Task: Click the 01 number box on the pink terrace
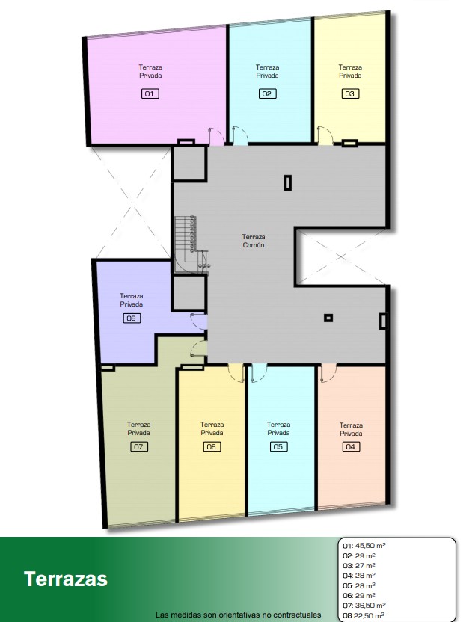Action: pyautogui.click(x=150, y=93)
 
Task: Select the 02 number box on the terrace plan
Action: pyautogui.click(x=267, y=93)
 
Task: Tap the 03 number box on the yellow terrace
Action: pyautogui.click(x=349, y=93)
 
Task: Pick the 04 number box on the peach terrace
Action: pyautogui.click(x=351, y=446)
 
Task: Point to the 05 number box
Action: pyautogui.click(x=278, y=446)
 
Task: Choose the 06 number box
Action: pyautogui.click(x=212, y=446)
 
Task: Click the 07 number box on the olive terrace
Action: pyautogui.click(x=138, y=446)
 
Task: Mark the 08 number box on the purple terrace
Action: pyautogui.click(x=132, y=318)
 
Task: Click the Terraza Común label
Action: pyautogui.click(x=254, y=241)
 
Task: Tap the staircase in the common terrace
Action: pyautogui.click(x=192, y=244)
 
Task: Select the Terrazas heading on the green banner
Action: pyautogui.click(x=66, y=579)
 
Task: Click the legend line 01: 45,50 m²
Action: pyautogui.click(x=364, y=546)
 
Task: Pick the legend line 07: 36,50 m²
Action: pyautogui.click(x=364, y=606)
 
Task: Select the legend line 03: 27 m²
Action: pyautogui.click(x=359, y=566)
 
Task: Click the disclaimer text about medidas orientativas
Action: pyautogui.click(x=238, y=615)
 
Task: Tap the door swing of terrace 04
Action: pyautogui.click(x=327, y=374)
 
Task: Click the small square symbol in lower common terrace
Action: pyautogui.click(x=328, y=318)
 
